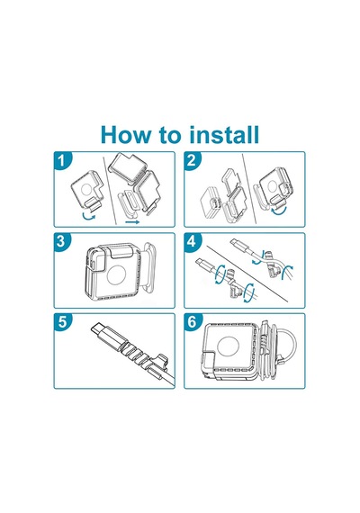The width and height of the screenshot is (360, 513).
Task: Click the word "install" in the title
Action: coord(224,134)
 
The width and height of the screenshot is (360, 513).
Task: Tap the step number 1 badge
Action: coord(61,160)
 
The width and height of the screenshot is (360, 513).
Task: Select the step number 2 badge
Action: coord(192,160)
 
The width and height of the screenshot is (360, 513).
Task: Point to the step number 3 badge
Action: coord(61,241)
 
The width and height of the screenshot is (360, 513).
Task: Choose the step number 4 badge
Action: coord(192,241)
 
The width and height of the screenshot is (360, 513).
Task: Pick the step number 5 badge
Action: coord(61,322)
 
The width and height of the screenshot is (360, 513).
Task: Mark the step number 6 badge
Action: coord(192,322)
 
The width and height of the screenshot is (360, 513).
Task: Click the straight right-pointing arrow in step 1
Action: coord(132,221)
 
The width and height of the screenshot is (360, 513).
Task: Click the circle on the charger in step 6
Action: coord(228,349)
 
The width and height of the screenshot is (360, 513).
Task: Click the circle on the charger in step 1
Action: coord(86,189)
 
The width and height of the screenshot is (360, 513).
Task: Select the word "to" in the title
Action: coord(171,135)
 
